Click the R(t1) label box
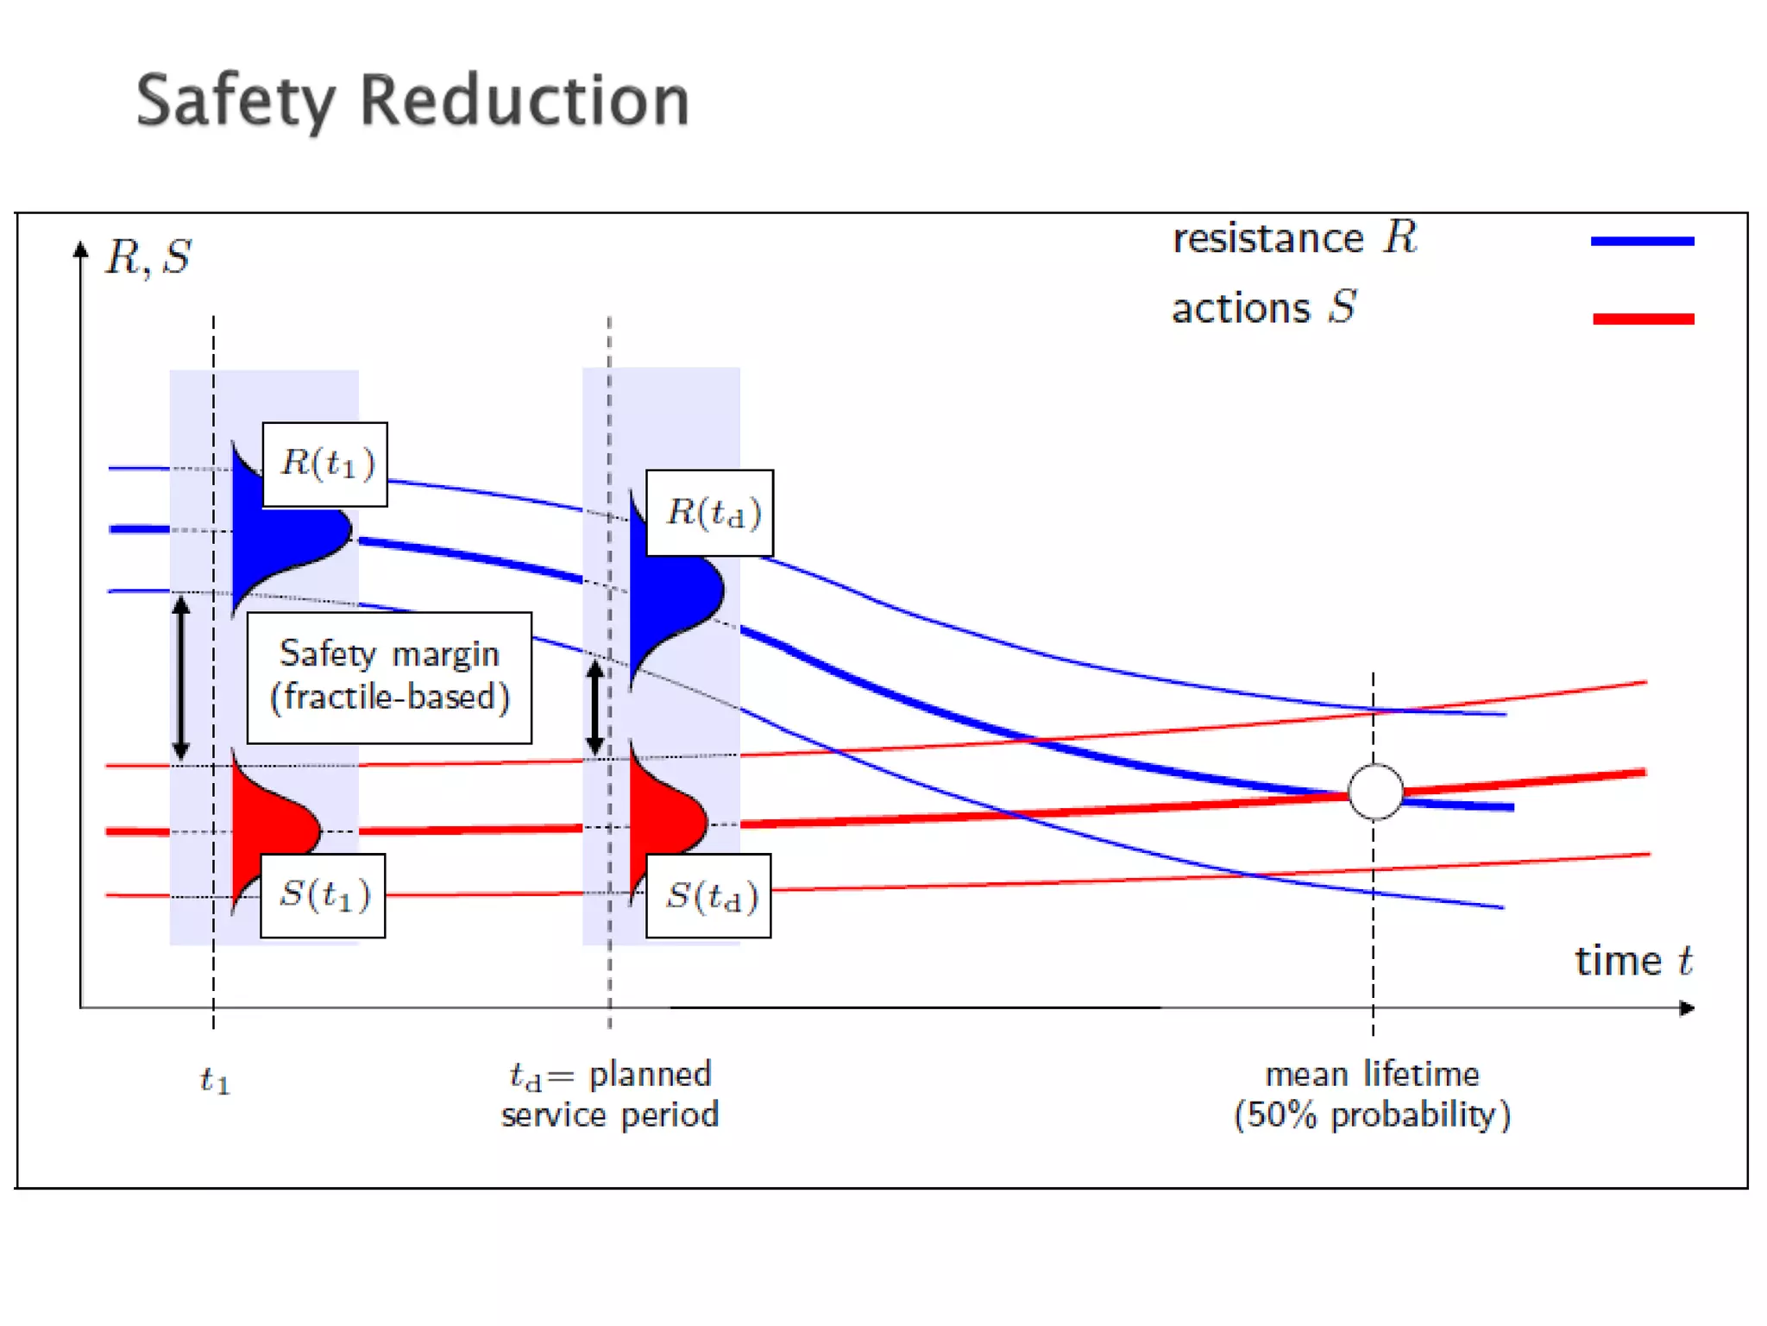(x=324, y=464)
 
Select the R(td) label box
(x=709, y=513)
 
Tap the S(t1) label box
(x=323, y=895)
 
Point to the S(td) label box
(x=708, y=896)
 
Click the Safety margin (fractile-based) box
(x=389, y=678)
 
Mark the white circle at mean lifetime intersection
(x=1375, y=791)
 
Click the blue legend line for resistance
(x=1642, y=242)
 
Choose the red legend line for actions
(x=1643, y=319)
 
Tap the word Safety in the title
(x=235, y=102)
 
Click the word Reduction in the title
(x=525, y=100)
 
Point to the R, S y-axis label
(x=148, y=257)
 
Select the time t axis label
(x=1633, y=961)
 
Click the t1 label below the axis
(x=215, y=1080)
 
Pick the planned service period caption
(x=610, y=1095)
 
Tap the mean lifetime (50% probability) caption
(x=1372, y=1095)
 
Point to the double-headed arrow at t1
(x=181, y=679)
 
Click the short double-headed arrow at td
(x=595, y=708)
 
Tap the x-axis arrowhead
(x=1687, y=1008)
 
